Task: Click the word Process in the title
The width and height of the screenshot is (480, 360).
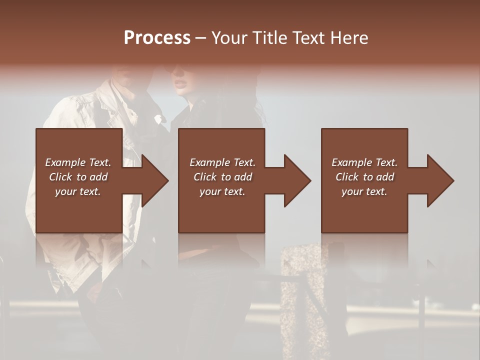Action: click(157, 37)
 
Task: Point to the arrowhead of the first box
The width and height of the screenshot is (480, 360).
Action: click(154, 180)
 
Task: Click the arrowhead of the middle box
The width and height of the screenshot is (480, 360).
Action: click(297, 180)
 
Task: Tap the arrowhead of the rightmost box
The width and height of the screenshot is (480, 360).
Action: click(440, 180)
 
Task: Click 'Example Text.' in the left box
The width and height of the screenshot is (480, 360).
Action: click(78, 162)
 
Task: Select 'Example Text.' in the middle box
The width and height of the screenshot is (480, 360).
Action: click(222, 162)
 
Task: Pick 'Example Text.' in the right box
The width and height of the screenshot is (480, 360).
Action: click(364, 162)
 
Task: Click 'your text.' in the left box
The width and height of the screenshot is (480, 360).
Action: click(78, 191)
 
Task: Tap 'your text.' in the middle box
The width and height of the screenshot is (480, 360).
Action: click(222, 191)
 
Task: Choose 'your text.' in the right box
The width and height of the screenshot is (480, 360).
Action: click(364, 191)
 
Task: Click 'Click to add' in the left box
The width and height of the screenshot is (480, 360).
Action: click(78, 177)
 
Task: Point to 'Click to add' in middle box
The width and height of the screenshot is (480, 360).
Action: click(222, 177)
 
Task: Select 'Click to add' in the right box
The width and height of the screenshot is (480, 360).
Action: click(364, 177)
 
